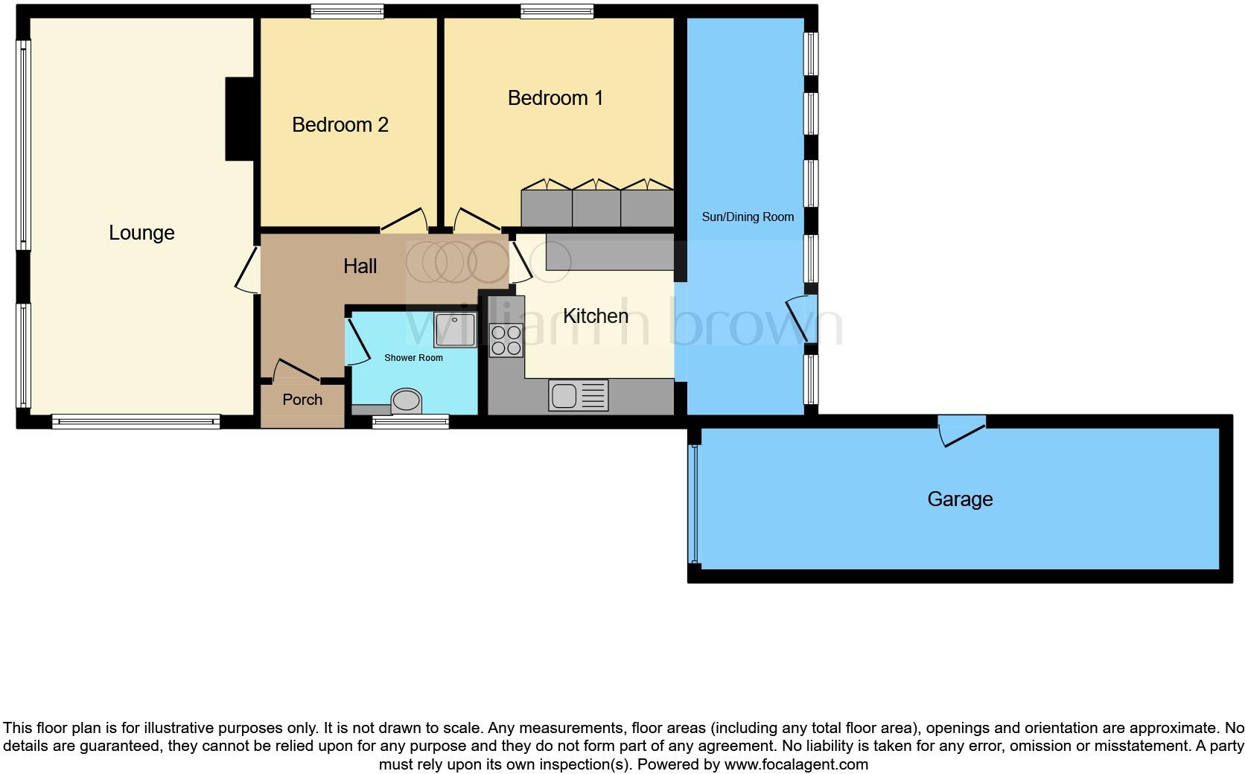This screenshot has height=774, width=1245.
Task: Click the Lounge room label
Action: point(141,233)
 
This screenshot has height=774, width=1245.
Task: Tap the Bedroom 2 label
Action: point(340,124)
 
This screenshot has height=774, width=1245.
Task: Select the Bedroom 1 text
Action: point(555,97)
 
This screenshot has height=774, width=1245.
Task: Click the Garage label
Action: point(959,499)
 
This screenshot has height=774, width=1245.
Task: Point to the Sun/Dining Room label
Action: point(747,217)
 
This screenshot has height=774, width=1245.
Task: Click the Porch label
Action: point(302,400)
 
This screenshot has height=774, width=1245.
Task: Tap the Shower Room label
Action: point(413,358)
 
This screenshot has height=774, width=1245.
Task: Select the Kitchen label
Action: point(595,316)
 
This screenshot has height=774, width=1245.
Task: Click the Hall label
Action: point(360,266)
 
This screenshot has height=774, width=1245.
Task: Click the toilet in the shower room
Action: point(407,402)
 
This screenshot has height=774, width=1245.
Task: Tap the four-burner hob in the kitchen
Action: point(506,341)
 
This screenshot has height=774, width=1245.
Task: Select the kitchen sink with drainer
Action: point(579,395)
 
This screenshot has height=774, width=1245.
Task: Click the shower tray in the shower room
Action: point(454,330)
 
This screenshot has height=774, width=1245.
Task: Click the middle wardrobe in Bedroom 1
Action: point(596,207)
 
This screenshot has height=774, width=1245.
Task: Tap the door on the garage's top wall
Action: point(961,429)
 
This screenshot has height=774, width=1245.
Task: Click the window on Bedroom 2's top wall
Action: point(347,10)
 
